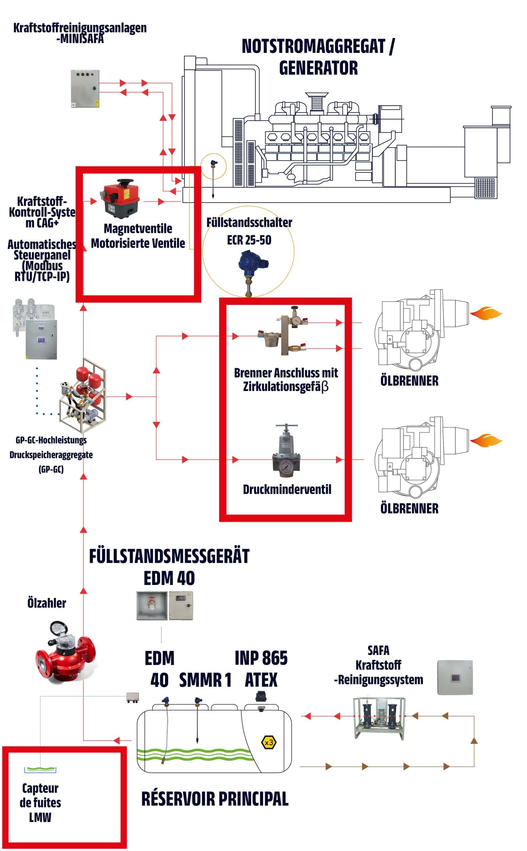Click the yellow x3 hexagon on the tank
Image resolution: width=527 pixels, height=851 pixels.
[x=269, y=743]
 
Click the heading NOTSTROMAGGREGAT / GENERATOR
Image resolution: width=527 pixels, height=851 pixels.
[x=318, y=57]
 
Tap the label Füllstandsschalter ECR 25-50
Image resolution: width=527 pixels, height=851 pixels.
[x=249, y=231]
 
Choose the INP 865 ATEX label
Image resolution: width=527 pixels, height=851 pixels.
[x=261, y=669]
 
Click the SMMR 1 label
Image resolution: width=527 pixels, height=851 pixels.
[x=205, y=680]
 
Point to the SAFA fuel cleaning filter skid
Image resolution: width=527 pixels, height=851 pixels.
[x=379, y=718]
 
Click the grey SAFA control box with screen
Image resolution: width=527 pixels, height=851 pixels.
[x=455, y=677]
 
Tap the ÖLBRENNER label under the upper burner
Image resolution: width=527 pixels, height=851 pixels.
[x=409, y=381]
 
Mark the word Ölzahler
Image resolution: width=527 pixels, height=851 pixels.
[x=47, y=603]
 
